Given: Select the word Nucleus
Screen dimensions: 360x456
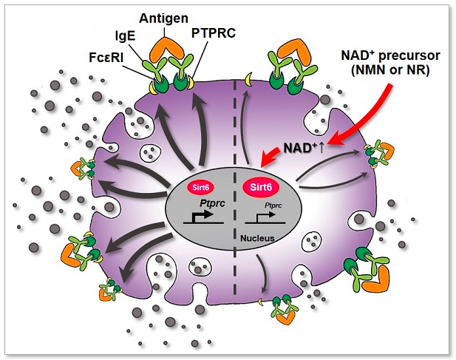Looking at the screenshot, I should pos(258,239).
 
